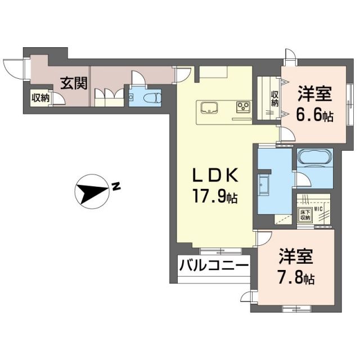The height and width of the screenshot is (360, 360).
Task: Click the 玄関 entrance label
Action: pos(74,84)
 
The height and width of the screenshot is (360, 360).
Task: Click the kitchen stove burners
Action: pos(243,107)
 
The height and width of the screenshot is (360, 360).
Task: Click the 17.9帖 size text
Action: pos(217,197)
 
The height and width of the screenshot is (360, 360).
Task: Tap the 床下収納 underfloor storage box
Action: pos(304,215)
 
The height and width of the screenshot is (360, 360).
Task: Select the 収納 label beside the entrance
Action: pos(40,98)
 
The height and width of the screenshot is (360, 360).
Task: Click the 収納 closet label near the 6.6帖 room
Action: pos(275,99)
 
